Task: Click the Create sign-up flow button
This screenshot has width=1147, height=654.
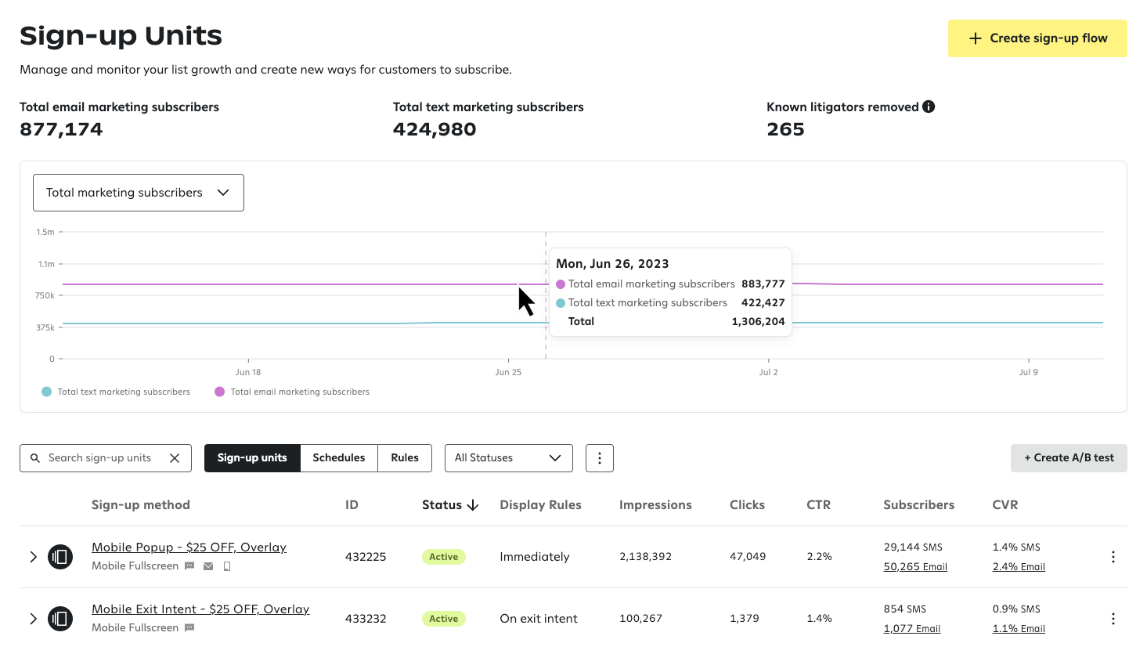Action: tap(1037, 38)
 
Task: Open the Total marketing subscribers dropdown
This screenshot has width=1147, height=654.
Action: tap(139, 193)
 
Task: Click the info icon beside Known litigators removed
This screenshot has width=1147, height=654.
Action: tap(929, 107)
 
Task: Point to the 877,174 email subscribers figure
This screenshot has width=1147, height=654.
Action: tap(61, 130)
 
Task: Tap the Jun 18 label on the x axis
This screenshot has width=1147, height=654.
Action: tap(248, 372)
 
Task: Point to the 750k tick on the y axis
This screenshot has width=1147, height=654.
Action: tap(45, 296)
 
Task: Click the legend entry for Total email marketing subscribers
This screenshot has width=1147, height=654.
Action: tap(291, 392)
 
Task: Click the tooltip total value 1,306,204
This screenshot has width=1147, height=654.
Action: tap(757, 322)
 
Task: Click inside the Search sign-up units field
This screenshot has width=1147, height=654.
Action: tap(99, 458)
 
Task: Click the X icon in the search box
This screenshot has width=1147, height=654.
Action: tap(175, 458)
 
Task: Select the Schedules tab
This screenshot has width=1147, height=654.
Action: tap(338, 458)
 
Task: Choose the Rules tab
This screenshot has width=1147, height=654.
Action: tap(405, 458)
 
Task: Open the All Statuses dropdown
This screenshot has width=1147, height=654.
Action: tap(508, 458)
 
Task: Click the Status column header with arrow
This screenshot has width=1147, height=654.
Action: tap(449, 505)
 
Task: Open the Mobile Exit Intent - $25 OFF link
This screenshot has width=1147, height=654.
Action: tap(200, 609)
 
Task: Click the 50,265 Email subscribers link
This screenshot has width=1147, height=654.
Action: tap(914, 567)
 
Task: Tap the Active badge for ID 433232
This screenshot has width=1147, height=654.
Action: tap(443, 619)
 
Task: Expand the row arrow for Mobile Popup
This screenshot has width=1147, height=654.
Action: tap(33, 557)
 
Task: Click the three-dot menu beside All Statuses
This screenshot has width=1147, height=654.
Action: tap(599, 458)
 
